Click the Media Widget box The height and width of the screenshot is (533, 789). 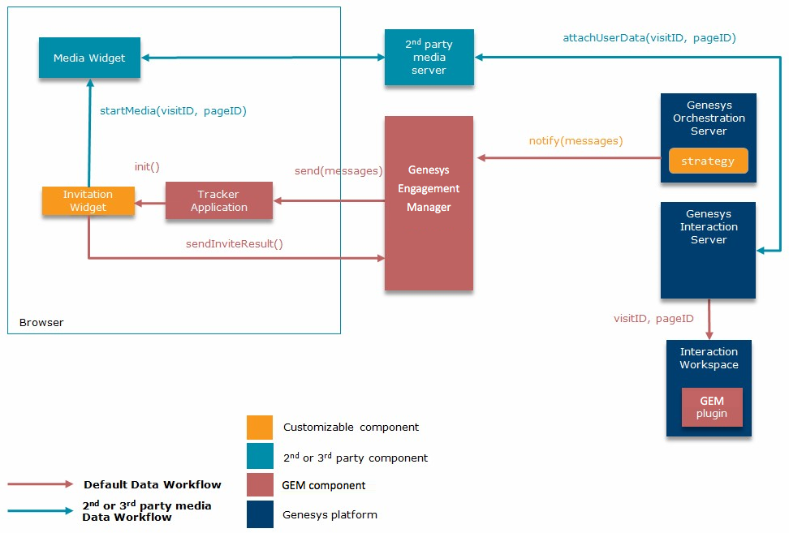[x=89, y=58]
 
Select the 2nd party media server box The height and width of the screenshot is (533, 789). [x=429, y=58]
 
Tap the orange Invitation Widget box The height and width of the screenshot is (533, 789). [x=88, y=201]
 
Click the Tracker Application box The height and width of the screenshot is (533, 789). [x=219, y=201]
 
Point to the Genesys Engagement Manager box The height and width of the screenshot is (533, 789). [x=429, y=203]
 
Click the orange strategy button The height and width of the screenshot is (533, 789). [x=708, y=161]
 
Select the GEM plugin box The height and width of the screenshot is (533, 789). [x=712, y=407]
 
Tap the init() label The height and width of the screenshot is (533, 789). [x=147, y=166]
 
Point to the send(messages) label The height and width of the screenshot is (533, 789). [x=338, y=171]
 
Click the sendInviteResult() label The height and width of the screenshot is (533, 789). [x=235, y=243]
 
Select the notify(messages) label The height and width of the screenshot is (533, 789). [x=576, y=141]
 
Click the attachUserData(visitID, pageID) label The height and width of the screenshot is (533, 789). [x=649, y=37]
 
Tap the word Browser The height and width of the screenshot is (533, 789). [x=41, y=322]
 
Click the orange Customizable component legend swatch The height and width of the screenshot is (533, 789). [x=260, y=428]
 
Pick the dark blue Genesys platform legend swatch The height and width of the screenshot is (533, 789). [x=260, y=514]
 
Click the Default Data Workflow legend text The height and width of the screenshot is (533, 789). [x=152, y=484]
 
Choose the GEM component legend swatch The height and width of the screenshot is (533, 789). [x=260, y=485]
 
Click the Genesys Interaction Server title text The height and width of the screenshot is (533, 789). [x=709, y=226]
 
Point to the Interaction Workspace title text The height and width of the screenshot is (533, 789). [x=709, y=359]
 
